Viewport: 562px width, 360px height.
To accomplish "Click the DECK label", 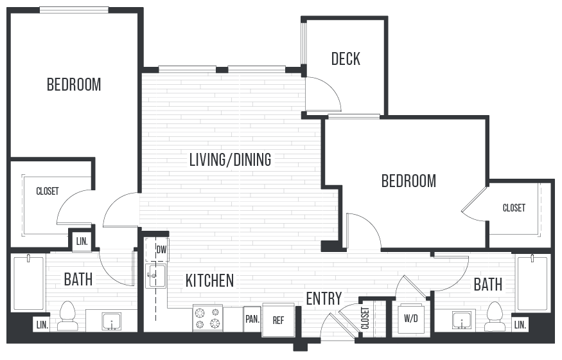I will click(346, 59).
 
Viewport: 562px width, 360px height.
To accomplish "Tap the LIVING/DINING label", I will click(230, 159).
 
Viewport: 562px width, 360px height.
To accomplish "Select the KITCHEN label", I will click(209, 281).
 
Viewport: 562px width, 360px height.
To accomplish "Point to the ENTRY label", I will click(323, 298).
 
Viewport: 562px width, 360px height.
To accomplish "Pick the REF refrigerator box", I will click(278, 319).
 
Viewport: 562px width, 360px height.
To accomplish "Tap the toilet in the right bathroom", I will click(495, 316).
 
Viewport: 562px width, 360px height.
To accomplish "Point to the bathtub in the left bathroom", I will click(28, 285).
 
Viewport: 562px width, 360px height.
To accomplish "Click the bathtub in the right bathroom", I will click(533, 284).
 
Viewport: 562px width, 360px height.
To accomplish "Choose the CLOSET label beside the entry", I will click(365, 318).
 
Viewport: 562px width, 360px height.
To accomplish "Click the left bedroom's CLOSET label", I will click(48, 192).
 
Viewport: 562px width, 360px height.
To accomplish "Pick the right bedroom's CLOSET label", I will click(514, 208).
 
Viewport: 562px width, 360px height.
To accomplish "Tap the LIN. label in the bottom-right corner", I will click(520, 325).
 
